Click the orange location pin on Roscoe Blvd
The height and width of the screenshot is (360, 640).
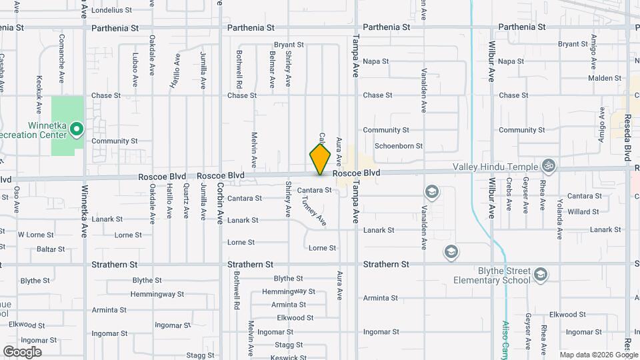pos(320,159)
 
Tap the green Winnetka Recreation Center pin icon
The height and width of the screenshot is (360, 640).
pos(77,129)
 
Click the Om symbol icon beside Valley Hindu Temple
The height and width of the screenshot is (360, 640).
pos(549,164)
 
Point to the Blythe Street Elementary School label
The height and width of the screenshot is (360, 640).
pos(495,275)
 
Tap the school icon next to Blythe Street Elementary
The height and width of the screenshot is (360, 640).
pos(541,274)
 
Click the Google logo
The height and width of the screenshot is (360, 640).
pos(22,351)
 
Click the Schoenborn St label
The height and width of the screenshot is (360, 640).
pos(399,146)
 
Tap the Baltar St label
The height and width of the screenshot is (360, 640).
pos(51,249)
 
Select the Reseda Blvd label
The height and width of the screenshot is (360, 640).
pos(627,137)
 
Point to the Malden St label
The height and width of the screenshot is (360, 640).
pos(587,78)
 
